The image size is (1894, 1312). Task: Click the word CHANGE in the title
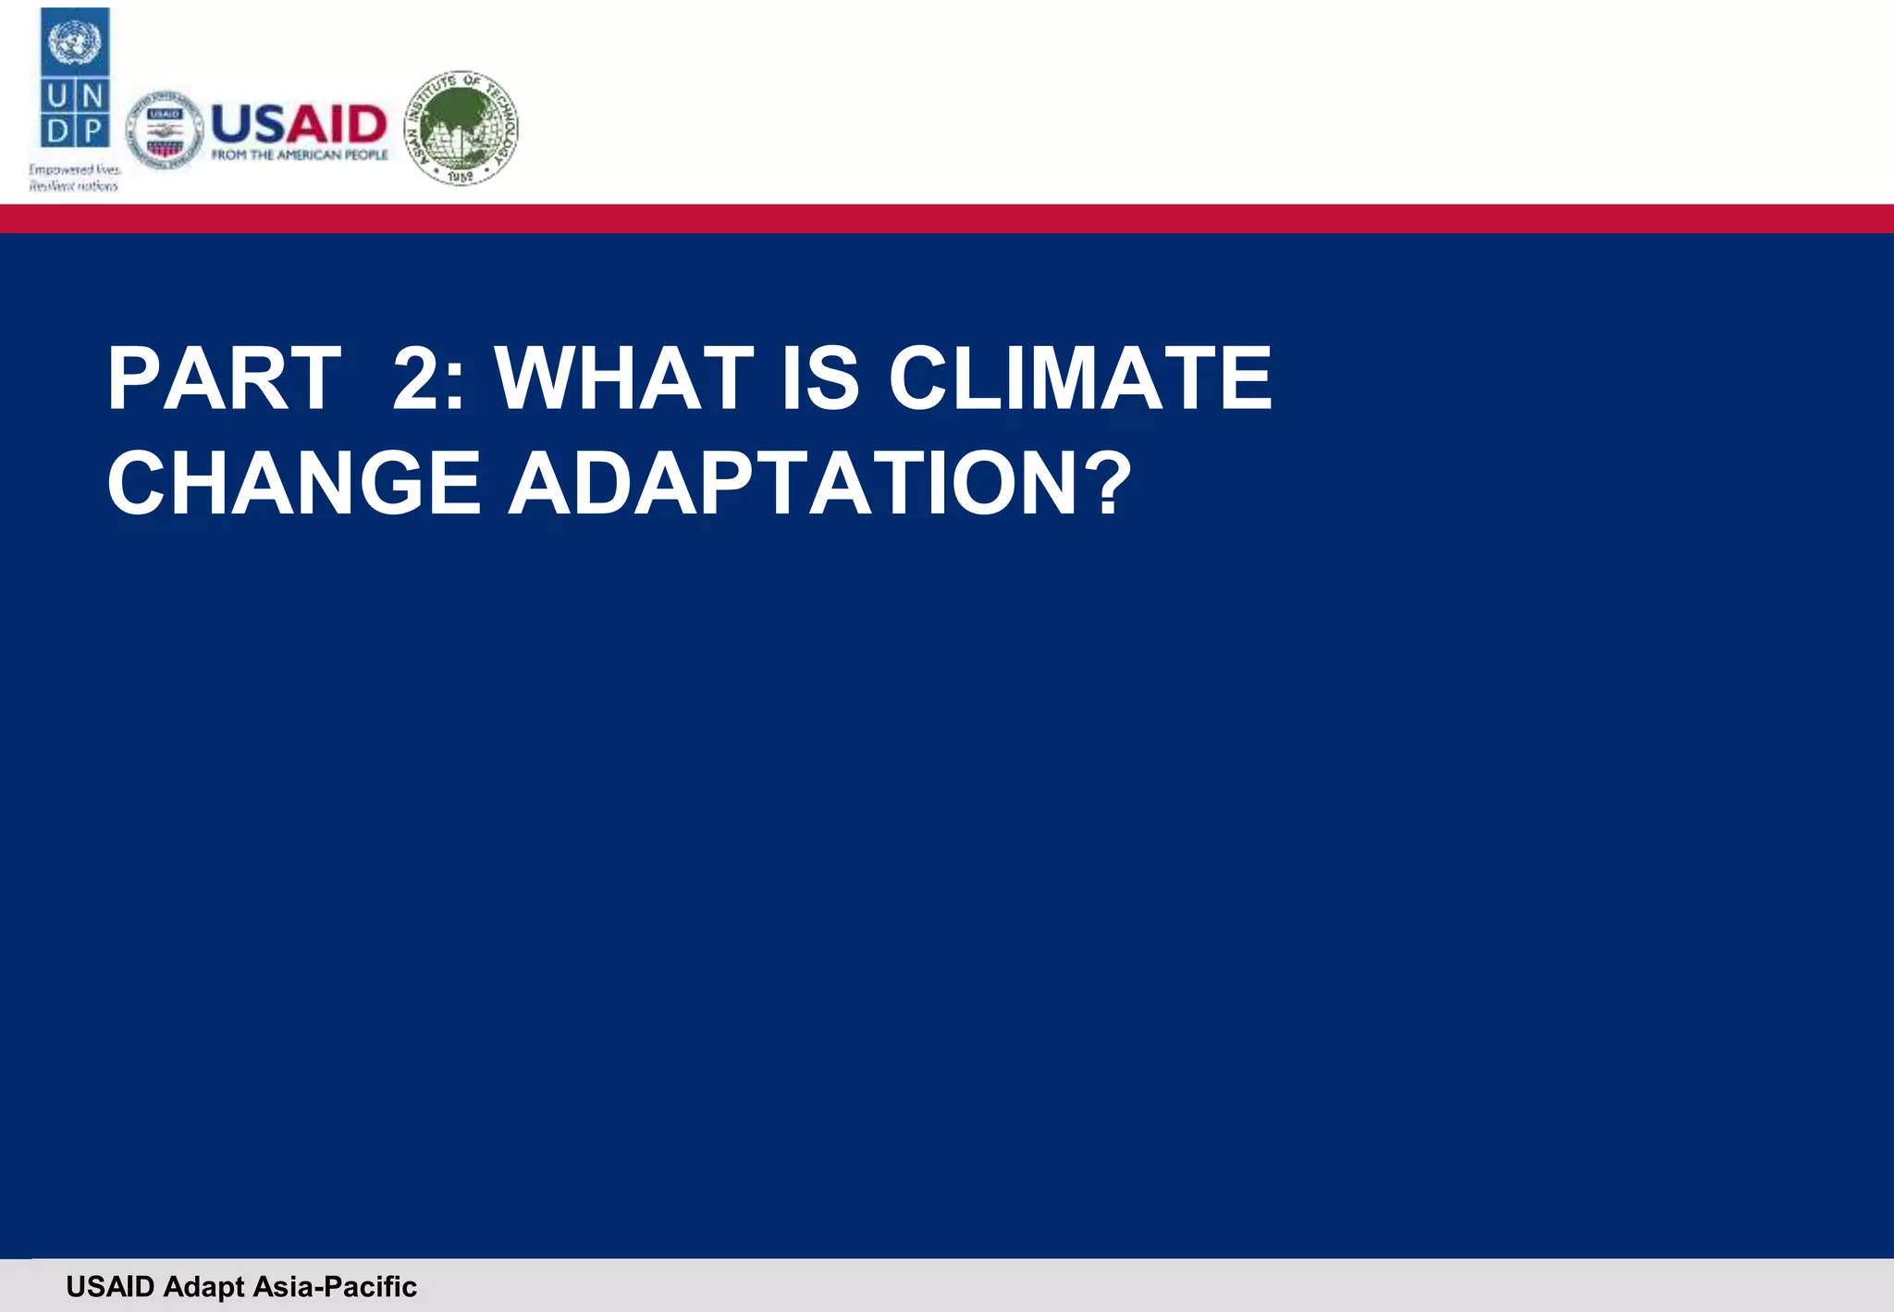294,483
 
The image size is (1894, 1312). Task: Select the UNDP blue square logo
75,78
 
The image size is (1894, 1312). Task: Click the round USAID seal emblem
165,130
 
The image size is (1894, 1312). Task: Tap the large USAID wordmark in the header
299,124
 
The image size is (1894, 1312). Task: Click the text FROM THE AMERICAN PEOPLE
300,155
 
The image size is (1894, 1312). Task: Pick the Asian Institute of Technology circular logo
461,127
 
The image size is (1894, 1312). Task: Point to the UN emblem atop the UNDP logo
75,42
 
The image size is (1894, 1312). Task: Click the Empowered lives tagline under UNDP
74,178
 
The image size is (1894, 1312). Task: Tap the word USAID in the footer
110,1287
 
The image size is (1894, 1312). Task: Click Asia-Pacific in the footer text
335,1287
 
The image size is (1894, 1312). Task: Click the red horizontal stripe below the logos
947,218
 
